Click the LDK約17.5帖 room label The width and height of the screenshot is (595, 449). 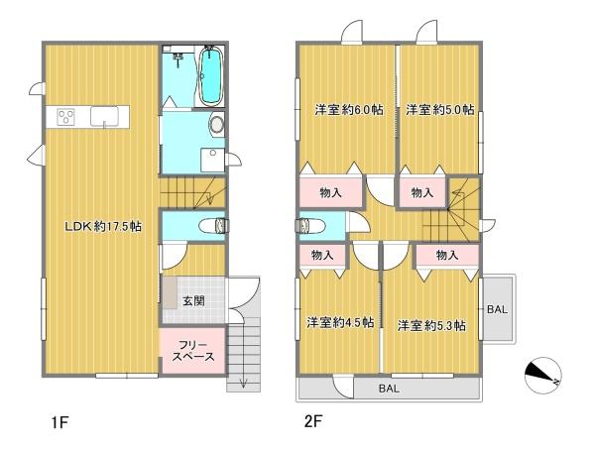tap(101, 227)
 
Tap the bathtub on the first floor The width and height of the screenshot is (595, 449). tap(210, 76)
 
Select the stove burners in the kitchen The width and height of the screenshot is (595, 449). tap(66, 118)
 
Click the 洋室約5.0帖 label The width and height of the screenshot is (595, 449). tap(439, 110)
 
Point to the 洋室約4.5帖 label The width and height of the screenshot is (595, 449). tap(340, 322)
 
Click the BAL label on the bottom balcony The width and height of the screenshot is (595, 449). tap(389, 388)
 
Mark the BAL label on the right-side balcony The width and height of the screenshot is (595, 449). tap(497, 309)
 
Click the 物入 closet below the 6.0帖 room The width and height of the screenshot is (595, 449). tap(332, 192)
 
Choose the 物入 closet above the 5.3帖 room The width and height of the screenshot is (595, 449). tap(446, 256)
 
